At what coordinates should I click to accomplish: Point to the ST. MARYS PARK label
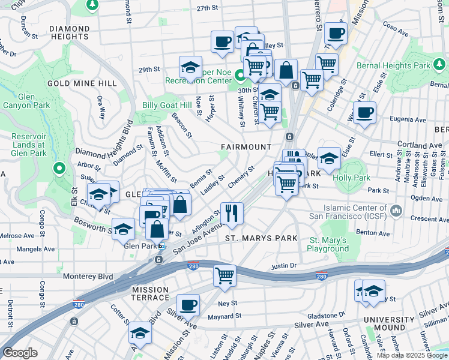(261, 238)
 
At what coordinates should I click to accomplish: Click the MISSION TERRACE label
(150, 293)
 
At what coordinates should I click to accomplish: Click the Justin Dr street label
(285, 266)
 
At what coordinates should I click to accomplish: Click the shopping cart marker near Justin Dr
(224, 276)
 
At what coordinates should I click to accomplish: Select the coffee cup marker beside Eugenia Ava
(364, 112)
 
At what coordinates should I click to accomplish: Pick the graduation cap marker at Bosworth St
(123, 229)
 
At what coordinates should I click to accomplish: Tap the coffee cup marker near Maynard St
(188, 305)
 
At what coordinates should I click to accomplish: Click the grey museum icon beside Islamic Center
(396, 211)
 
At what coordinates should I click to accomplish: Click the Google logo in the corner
(20, 353)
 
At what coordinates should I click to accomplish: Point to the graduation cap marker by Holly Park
(329, 158)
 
